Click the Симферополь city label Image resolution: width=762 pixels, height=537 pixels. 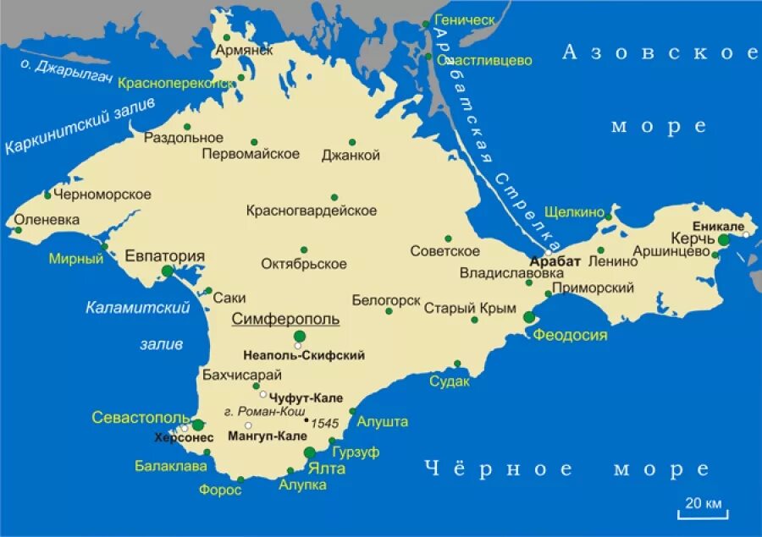pos(285,319)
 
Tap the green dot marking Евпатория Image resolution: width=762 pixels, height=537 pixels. pos(168,271)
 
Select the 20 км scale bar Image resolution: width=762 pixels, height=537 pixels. pos(703,507)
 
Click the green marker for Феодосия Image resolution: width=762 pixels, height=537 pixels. pos(529,317)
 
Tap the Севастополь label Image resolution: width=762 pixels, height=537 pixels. pos(140,418)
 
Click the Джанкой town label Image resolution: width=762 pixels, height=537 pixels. pos(351,156)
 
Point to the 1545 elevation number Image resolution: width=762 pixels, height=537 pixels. pos(325,422)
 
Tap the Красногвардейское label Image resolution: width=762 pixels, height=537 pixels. pos(312,211)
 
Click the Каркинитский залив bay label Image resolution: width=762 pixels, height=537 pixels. pos(80,126)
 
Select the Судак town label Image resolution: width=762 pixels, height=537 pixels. pos(449,381)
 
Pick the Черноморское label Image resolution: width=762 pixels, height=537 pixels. pos(102,195)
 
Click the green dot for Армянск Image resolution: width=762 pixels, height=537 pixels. pos(227,37)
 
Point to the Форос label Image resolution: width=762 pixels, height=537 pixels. pos(221,489)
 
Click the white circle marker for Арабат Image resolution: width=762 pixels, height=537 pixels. pos(549,252)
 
